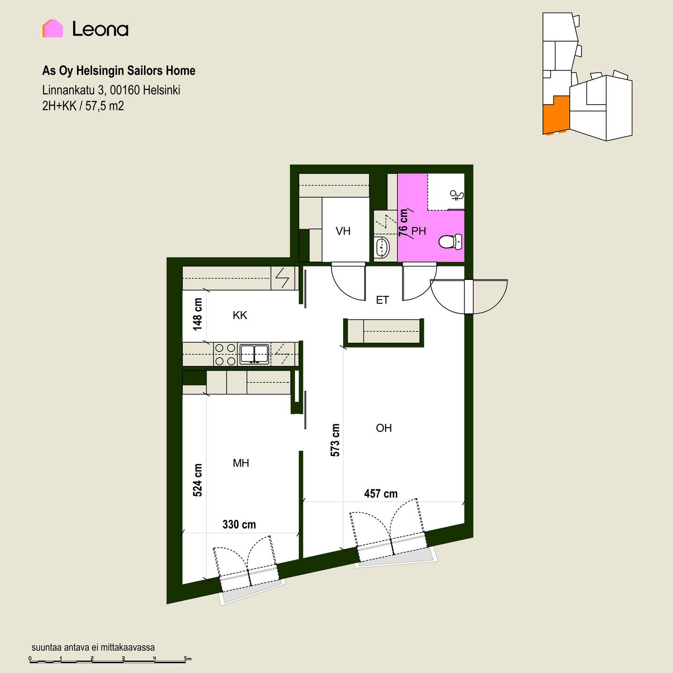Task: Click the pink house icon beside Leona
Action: click(53, 29)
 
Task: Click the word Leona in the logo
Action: click(100, 29)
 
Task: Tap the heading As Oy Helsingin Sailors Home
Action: click(119, 71)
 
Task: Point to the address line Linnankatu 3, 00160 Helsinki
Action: click(111, 90)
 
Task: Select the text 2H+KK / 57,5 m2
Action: click(83, 106)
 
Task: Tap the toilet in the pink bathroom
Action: click(451, 242)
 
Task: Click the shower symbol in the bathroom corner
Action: click(457, 195)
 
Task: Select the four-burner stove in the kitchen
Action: click(225, 354)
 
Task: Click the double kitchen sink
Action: click(254, 354)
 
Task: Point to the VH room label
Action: click(343, 231)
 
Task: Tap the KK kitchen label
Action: click(240, 315)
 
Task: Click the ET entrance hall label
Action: click(382, 300)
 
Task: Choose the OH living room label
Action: click(384, 428)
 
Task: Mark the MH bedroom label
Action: click(241, 463)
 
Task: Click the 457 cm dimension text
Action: click(381, 494)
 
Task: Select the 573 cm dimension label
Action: click(335, 440)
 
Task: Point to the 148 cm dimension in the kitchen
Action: click(198, 315)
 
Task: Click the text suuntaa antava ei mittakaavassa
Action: click(93, 647)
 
